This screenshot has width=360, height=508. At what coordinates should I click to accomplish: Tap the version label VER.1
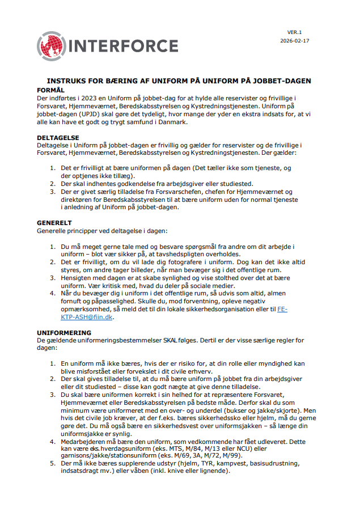tap(295, 32)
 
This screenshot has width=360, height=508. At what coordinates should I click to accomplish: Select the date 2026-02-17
tap(295, 41)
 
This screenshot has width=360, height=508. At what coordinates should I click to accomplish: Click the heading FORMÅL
tap(50, 90)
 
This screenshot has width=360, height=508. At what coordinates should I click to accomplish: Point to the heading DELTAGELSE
tap(58, 138)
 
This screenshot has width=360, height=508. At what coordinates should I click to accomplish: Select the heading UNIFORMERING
tap(63, 332)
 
